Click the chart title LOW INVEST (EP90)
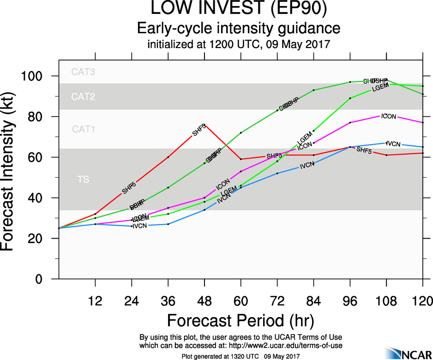pos(239,9)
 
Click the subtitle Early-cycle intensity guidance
pos(239,28)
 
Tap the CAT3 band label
pos(83,72)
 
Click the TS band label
pos(83,180)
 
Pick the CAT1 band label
pos(83,130)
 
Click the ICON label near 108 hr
pos(389,116)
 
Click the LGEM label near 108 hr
pos(380,86)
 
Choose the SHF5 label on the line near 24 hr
pos(129,188)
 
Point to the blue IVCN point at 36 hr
pos(168,224)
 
